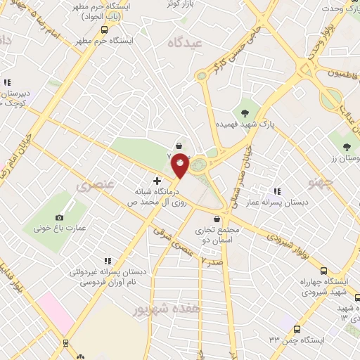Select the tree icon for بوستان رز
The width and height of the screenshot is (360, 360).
347,147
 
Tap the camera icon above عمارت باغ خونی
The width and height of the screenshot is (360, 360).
59,218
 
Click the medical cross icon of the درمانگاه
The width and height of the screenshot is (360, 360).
157,181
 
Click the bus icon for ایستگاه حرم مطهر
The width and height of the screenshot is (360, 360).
104,30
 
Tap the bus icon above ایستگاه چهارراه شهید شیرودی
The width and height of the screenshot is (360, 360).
323,271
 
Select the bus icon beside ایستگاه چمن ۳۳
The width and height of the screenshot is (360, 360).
297,329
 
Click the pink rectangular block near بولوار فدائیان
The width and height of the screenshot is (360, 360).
55,312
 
